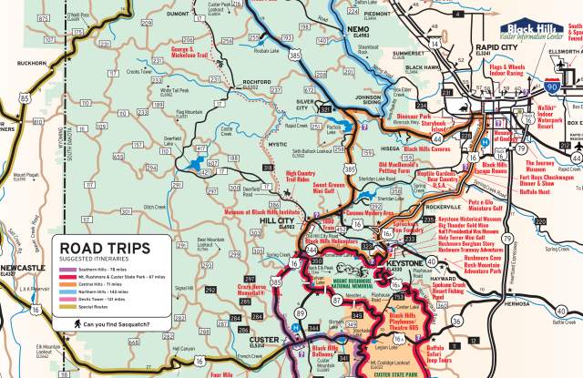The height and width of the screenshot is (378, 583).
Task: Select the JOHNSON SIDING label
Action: [369, 100]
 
